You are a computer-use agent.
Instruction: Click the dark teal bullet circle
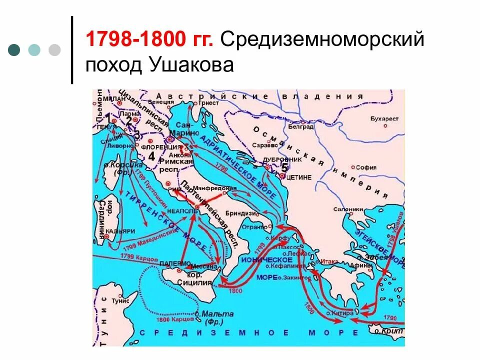pos(14,49)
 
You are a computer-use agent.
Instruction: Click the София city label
pos(367,167)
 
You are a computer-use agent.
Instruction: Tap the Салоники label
pos(349,209)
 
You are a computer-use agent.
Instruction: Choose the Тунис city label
pos(120,301)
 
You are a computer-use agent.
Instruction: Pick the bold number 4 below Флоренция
pos(151,158)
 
